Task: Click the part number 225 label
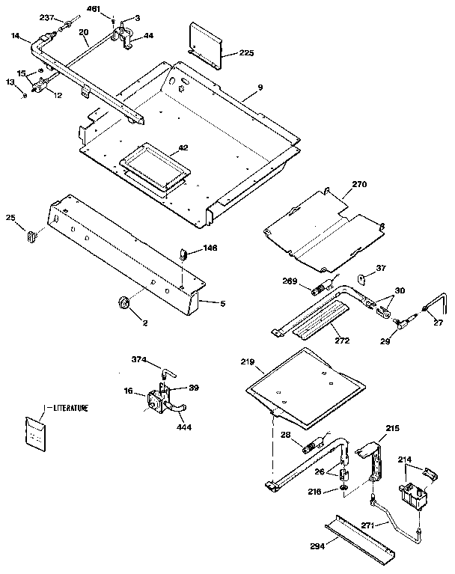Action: (246, 52)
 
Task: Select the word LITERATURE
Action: (70, 408)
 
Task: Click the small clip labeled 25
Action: (32, 237)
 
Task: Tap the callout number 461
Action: (93, 8)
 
